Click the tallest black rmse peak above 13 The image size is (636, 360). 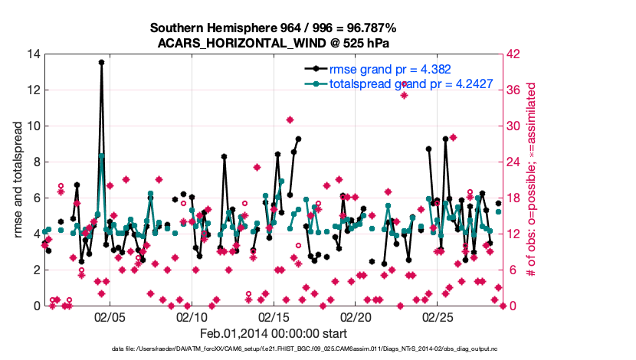tap(101, 63)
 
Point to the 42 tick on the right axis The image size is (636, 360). tap(515, 54)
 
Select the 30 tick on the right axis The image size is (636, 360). tap(515, 126)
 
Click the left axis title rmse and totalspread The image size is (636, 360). tap(17, 180)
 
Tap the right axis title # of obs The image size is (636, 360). tap(531, 180)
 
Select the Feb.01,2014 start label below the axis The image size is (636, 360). tap(274, 334)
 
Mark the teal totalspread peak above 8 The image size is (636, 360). tap(101, 155)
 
